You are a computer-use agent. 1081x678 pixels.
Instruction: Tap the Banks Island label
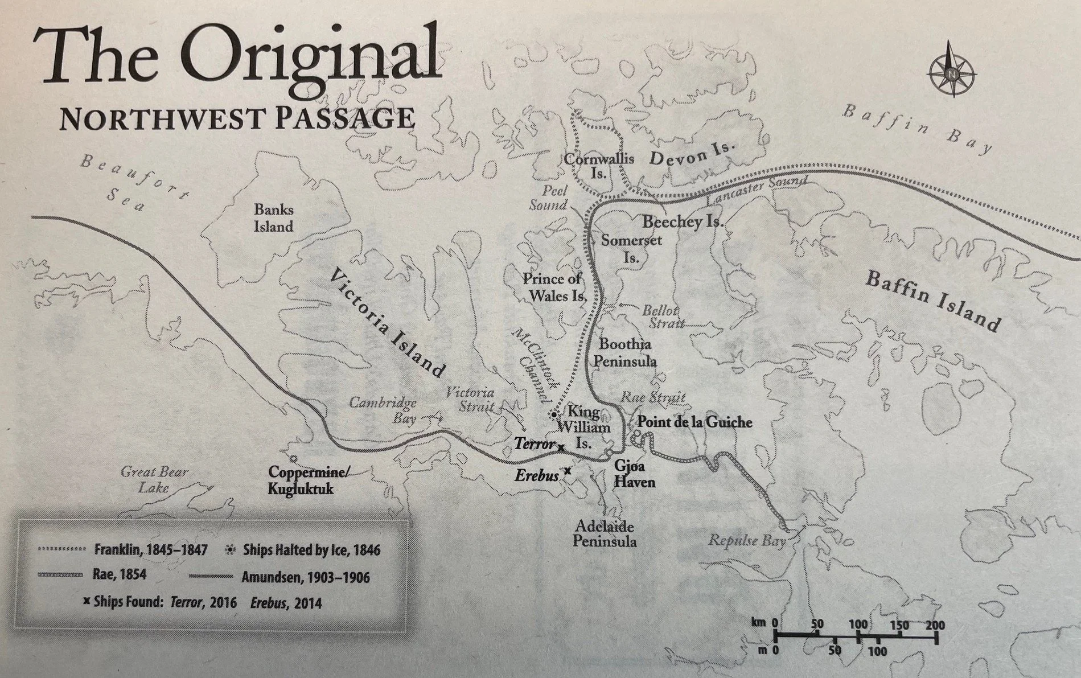coord(273,218)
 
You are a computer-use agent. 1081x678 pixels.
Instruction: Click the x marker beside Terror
coord(561,447)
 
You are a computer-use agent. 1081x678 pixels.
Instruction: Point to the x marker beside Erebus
coord(567,471)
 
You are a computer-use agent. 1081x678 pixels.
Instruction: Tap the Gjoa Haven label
coord(634,474)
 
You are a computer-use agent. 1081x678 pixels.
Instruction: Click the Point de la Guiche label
coord(694,422)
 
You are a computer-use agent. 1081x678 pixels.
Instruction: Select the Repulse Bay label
coord(747,540)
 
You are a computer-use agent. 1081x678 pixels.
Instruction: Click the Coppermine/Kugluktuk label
coord(311,480)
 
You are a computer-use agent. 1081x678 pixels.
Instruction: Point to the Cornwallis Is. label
coord(598,166)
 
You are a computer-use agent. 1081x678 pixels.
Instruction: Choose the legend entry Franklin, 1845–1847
coord(149,550)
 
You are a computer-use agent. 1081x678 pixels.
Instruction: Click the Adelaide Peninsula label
coord(605,533)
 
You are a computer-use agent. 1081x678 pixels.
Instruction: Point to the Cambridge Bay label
coord(383,410)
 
